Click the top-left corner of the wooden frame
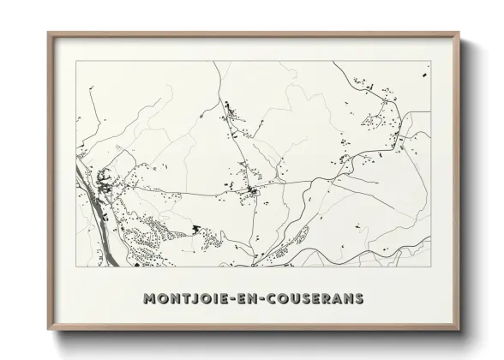(x=49, y=33)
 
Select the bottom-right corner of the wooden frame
(x=459, y=330)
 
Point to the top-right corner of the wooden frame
(x=459, y=33)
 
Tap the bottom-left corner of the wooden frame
(x=49, y=330)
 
